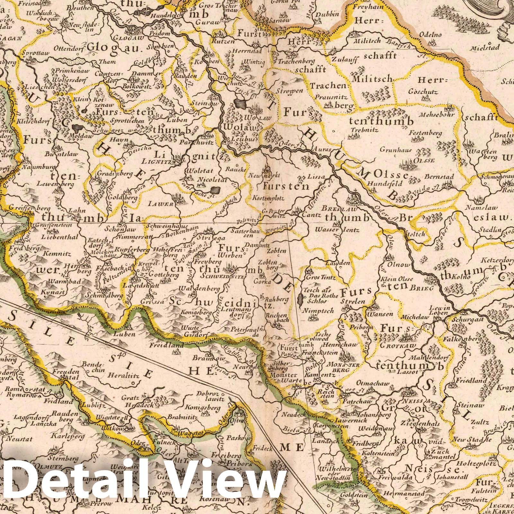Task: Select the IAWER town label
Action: [164, 204]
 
